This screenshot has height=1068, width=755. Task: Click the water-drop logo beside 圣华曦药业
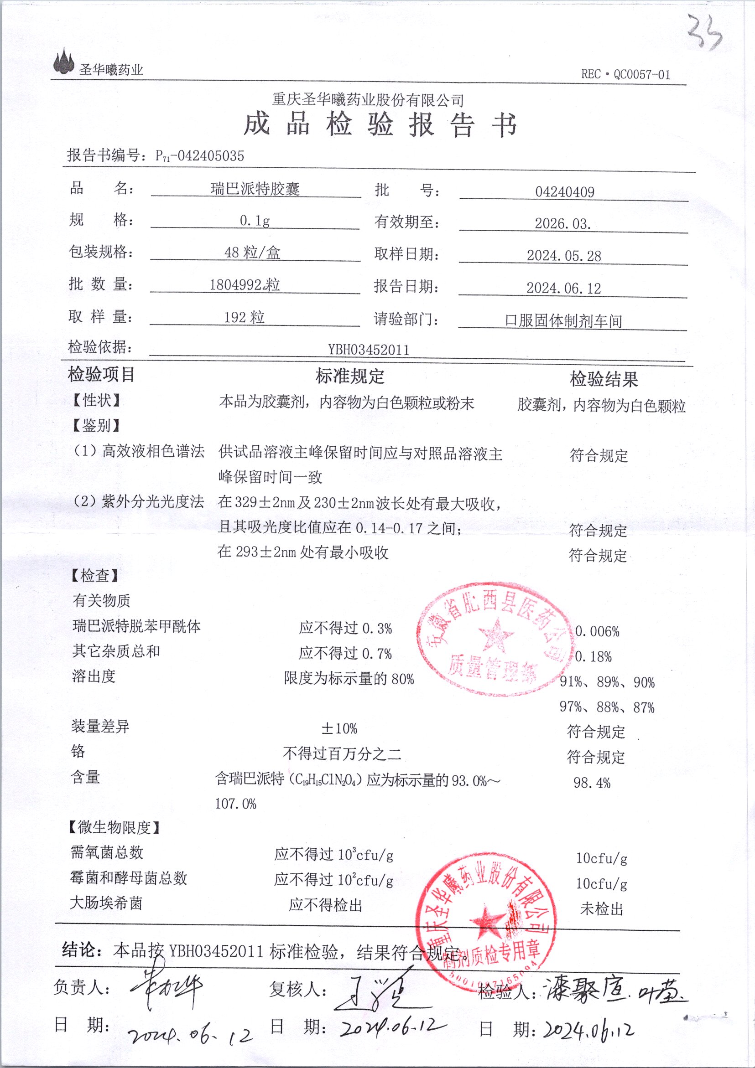click(x=64, y=62)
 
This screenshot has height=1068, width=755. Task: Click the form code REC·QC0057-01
click(x=625, y=74)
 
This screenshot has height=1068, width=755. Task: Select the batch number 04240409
click(x=564, y=191)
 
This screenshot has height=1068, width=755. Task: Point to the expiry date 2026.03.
click(x=562, y=224)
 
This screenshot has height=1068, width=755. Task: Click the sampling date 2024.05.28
click(x=564, y=256)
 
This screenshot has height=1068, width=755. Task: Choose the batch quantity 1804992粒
click(x=245, y=285)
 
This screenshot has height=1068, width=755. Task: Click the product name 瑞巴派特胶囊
click(x=255, y=189)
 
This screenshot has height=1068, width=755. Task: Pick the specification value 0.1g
click(x=254, y=221)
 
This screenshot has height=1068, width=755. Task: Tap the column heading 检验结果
click(x=603, y=380)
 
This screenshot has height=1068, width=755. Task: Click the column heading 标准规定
click(x=349, y=377)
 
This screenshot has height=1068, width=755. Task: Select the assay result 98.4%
click(x=591, y=783)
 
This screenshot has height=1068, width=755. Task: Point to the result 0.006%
click(x=597, y=631)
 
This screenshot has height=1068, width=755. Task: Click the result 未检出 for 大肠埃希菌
click(x=601, y=908)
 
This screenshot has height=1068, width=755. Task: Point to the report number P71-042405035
click(x=199, y=156)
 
